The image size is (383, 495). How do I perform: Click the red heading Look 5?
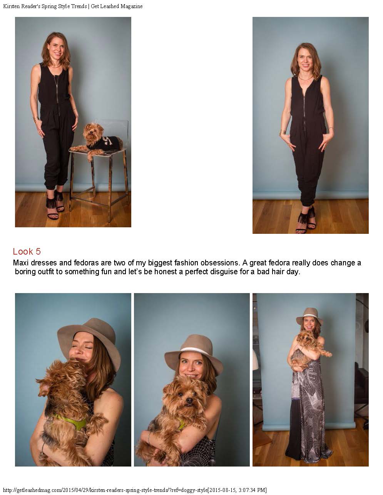coord(27,252)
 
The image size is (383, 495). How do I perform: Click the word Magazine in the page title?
coord(132,6)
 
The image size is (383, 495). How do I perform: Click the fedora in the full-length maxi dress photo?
coord(309,316)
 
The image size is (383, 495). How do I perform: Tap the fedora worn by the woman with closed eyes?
coord(91,339)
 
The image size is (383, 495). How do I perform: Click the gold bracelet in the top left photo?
coord(35,120)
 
